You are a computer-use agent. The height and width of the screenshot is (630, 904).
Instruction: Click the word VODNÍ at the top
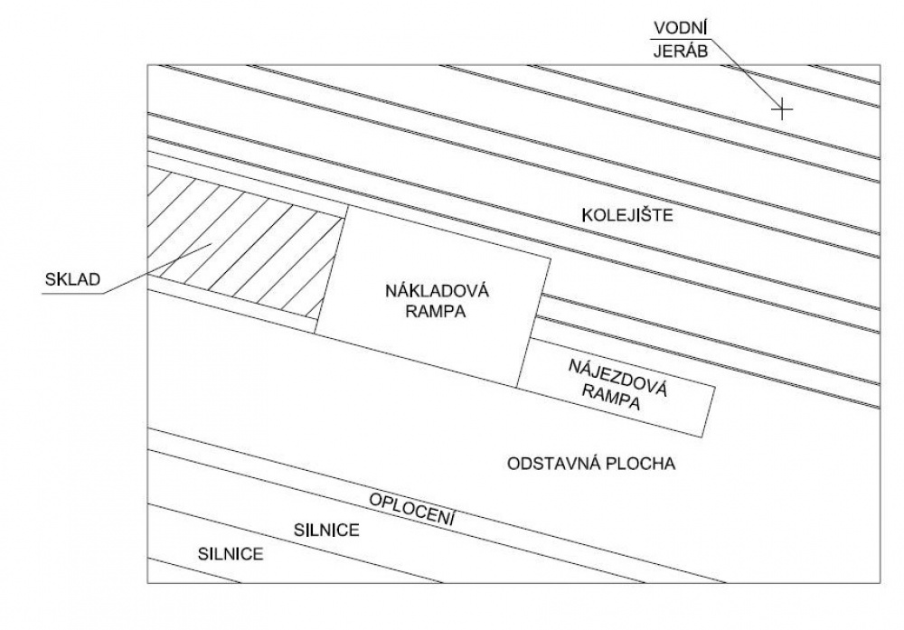681,27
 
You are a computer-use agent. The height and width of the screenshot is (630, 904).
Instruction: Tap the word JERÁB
681,52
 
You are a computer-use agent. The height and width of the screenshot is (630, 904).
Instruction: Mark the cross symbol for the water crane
782,108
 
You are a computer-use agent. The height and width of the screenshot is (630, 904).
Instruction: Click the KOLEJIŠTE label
627,215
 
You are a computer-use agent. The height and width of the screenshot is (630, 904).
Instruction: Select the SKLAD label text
72,279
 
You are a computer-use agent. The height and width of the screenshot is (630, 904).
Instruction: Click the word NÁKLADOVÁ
437,290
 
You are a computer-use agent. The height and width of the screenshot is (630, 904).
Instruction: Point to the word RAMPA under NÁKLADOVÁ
436,312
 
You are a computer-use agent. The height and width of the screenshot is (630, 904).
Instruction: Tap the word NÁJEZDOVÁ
617,378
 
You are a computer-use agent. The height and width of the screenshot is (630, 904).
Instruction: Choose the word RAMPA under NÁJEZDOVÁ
611,398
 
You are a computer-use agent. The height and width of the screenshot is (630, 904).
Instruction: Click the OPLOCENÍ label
412,509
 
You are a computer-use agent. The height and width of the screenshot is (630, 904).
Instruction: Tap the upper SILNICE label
326,530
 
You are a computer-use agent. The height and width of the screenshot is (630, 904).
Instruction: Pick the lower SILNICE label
231,554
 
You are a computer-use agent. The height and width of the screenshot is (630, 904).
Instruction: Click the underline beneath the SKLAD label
72,294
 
